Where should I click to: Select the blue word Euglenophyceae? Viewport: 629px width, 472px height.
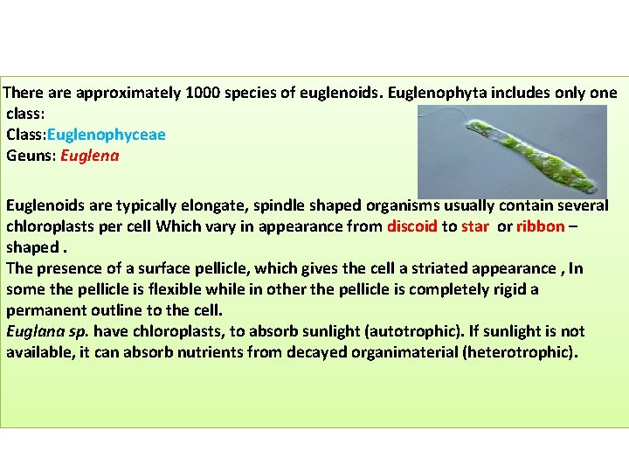[x=106, y=135]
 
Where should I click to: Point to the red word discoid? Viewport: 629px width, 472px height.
[x=412, y=226]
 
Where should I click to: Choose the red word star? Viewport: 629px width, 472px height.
[x=476, y=226]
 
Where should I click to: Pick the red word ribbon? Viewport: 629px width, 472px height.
[x=540, y=226]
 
